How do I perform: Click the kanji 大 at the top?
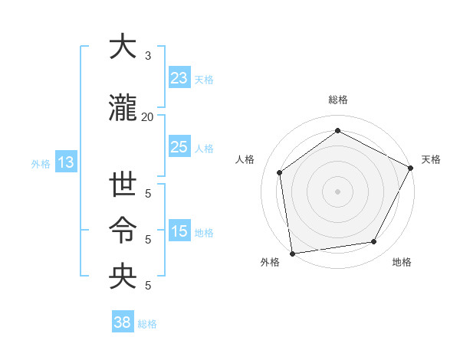click(x=123, y=47)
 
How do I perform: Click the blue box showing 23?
click(x=179, y=78)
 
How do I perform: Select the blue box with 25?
click(x=179, y=147)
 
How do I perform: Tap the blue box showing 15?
click(x=179, y=231)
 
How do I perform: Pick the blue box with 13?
click(x=65, y=162)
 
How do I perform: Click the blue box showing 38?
click(x=123, y=322)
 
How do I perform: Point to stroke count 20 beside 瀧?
click(x=147, y=117)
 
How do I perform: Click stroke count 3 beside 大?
click(x=147, y=56)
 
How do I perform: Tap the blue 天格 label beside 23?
click(x=204, y=79)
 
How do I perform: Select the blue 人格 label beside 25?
click(x=204, y=148)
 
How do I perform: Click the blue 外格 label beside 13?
click(x=41, y=163)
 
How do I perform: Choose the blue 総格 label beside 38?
click(x=147, y=323)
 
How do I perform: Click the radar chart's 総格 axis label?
click(x=337, y=100)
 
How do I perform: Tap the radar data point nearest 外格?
click(x=292, y=253)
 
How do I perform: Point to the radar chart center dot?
click(x=337, y=191)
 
